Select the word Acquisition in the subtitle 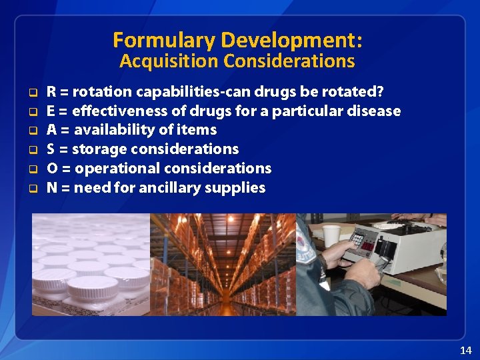point(169,61)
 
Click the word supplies point(238,188)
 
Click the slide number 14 point(465,350)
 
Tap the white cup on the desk point(331,235)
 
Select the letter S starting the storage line point(51,149)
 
